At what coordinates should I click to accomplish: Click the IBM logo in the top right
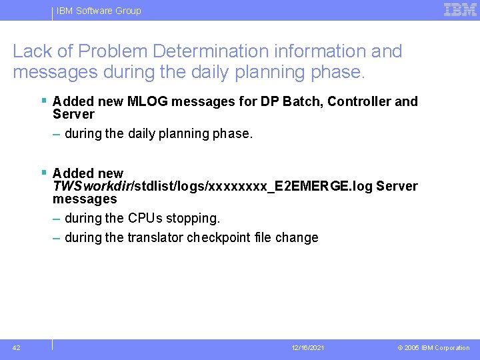click(x=459, y=10)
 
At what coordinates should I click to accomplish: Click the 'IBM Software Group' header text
click(x=99, y=11)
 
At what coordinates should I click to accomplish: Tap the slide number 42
click(x=17, y=347)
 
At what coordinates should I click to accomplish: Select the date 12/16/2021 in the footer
click(x=308, y=348)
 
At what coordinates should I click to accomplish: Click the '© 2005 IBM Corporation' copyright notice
click(x=433, y=348)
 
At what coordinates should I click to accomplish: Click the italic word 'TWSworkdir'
click(x=91, y=186)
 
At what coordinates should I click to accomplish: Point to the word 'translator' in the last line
click(x=155, y=237)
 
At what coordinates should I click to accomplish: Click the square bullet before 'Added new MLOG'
click(x=43, y=101)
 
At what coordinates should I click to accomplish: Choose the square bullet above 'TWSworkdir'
click(x=43, y=173)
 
